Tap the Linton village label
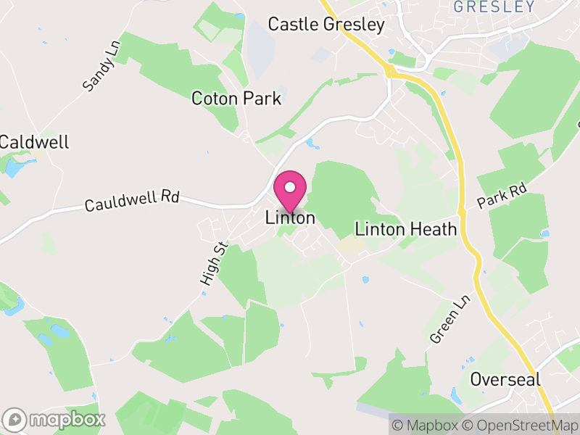(x=290, y=217)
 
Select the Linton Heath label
(x=406, y=230)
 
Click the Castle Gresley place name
(x=326, y=25)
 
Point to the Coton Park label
(x=236, y=99)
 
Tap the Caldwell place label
(x=34, y=142)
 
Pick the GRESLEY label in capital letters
(x=494, y=7)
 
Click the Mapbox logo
(x=55, y=419)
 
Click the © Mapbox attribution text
(x=428, y=426)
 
